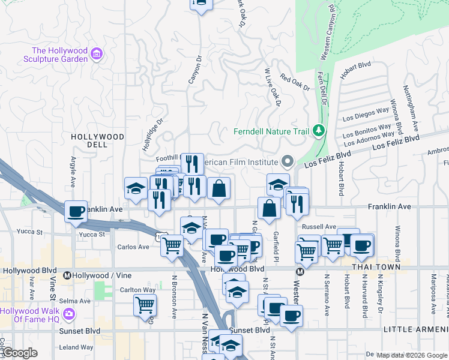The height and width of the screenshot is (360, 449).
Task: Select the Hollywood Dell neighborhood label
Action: [97, 141]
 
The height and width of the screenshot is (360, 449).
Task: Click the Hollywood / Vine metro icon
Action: [67, 276]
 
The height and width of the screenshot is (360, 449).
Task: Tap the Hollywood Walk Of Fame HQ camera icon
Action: [68, 313]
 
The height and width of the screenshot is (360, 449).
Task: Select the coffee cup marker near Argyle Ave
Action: [76, 212]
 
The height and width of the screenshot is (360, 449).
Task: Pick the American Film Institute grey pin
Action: [287, 161]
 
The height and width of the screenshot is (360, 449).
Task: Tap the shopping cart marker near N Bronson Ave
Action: [172, 245]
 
